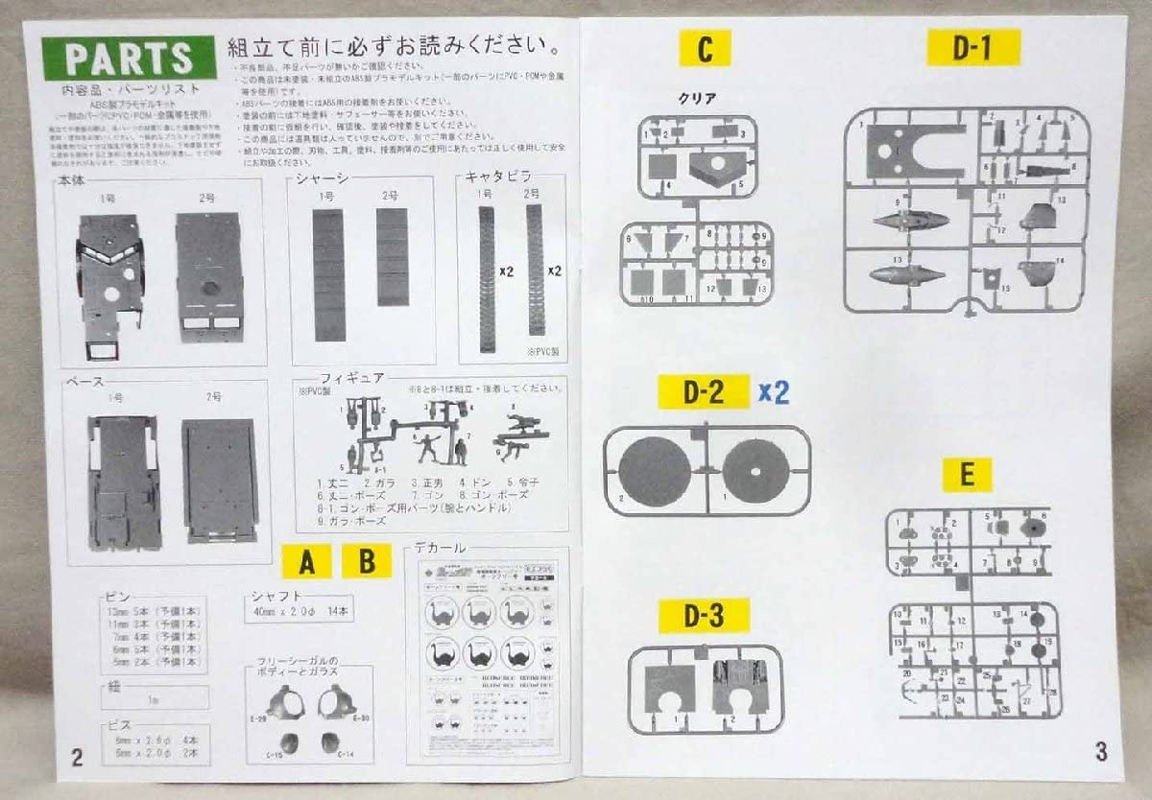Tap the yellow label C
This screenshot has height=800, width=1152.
tap(705, 49)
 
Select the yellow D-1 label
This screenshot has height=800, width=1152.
tap(972, 48)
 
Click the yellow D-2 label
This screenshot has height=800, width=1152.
tap(704, 391)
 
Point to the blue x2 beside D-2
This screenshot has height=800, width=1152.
tap(773, 391)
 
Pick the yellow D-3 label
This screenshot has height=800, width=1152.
tap(704, 617)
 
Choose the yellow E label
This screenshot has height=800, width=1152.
tap(967, 474)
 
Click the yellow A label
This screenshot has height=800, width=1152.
tap(306, 562)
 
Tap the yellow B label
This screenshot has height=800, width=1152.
tap(367, 562)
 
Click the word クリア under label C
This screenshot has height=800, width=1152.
tap(697, 98)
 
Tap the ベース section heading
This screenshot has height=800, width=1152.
tap(84, 381)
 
